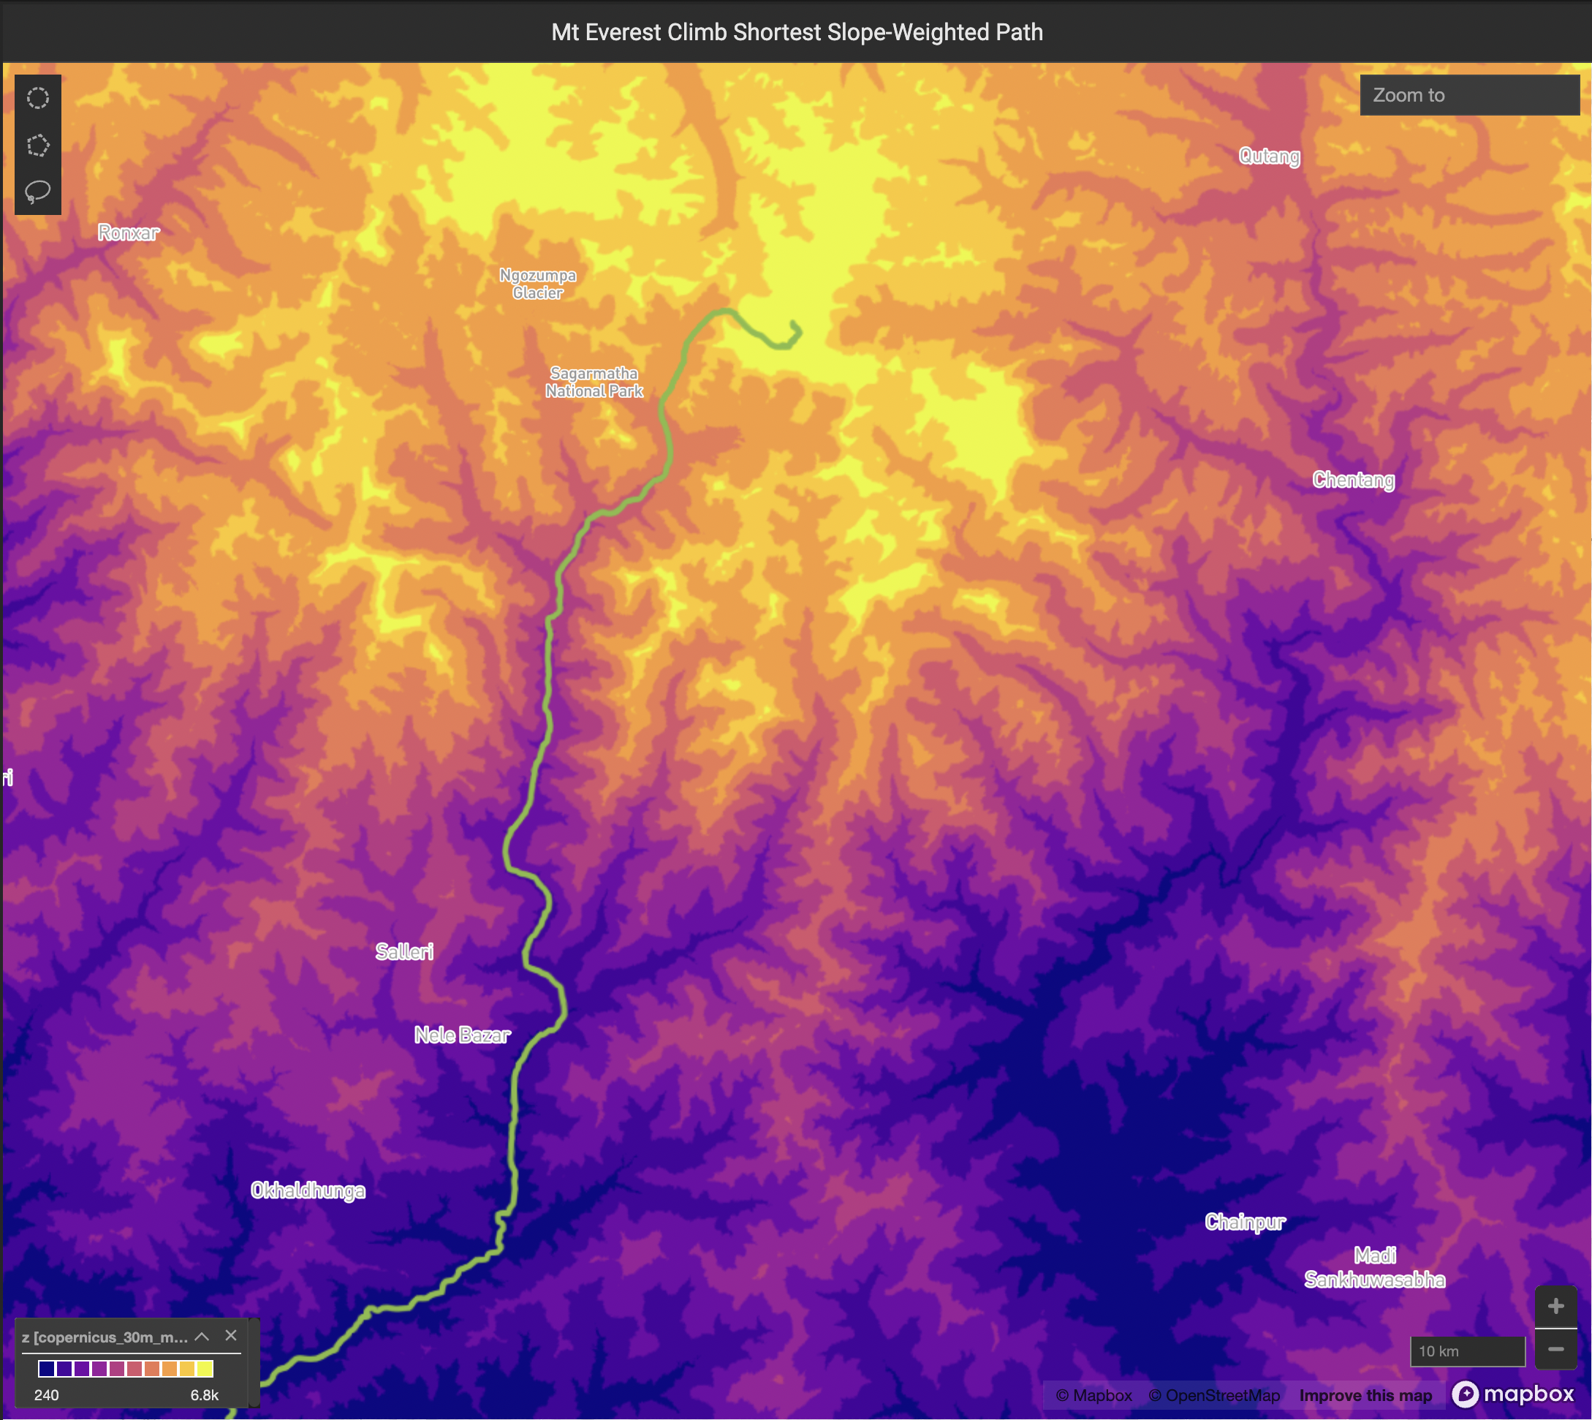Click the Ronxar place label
tap(128, 233)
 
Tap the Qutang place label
tap(1269, 156)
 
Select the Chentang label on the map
tap(1352, 480)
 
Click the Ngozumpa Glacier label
tap(537, 284)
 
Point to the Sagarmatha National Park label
tap(594, 382)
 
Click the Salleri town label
tap(404, 951)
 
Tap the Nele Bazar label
tap(462, 1035)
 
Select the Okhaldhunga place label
tap(307, 1190)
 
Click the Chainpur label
tap(1244, 1222)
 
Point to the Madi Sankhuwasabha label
tap(1374, 1268)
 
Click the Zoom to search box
tap(1468, 95)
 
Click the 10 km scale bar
tap(1466, 1351)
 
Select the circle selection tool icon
tap(37, 98)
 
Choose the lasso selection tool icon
tap(37, 192)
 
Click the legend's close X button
tap(231, 1336)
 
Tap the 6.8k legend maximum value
tap(205, 1395)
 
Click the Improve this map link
tap(1365, 1395)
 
